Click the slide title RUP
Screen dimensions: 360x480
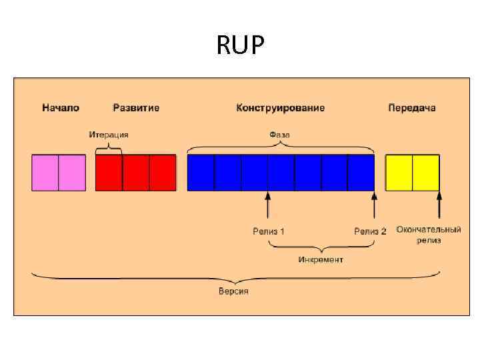click(241, 46)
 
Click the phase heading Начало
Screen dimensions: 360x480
click(61, 107)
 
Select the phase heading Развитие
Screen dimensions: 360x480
click(136, 107)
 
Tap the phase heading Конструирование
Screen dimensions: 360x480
click(281, 107)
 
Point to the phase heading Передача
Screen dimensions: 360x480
click(412, 107)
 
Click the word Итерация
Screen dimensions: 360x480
click(109, 134)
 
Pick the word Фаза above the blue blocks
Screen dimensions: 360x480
click(280, 134)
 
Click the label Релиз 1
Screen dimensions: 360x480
click(269, 231)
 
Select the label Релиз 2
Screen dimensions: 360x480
click(370, 231)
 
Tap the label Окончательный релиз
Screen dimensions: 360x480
click(429, 235)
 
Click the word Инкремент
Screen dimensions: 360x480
click(321, 259)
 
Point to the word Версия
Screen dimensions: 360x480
click(233, 291)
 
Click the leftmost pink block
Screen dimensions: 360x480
click(45, 173)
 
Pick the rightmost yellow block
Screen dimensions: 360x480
click(426, 173)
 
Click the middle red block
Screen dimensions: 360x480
click(136, 173)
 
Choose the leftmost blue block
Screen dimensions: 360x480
click(201, 173)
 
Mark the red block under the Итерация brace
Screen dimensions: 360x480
click(109, 173)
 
